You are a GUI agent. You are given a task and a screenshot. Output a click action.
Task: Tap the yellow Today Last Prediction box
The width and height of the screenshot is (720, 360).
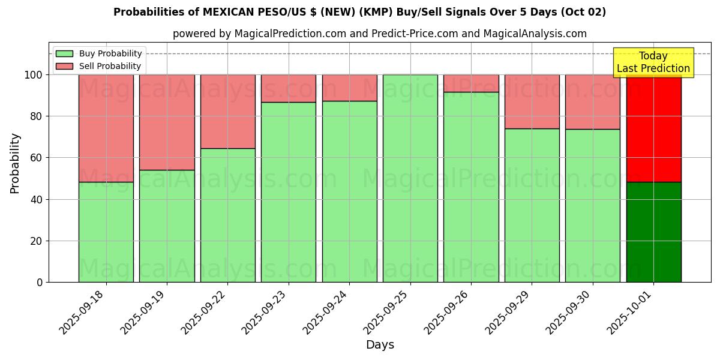pos(653,62)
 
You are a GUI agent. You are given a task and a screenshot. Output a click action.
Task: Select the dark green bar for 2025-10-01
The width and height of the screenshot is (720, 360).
pos(653,232)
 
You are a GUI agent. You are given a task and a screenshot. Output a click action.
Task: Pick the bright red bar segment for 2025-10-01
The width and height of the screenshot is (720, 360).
pos(653,128)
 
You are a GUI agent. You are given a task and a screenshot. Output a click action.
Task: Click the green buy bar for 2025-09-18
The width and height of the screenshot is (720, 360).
pos(106,232)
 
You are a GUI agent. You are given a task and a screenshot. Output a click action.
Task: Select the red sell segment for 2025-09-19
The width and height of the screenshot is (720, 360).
pos(167,122)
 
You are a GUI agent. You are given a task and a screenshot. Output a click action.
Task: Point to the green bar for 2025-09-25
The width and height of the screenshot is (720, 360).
pos(410,178)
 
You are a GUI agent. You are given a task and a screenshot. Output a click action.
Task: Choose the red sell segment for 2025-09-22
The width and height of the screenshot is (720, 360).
pos(228,112)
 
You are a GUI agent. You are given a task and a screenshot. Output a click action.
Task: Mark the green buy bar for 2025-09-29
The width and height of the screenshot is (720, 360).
pos(532,205)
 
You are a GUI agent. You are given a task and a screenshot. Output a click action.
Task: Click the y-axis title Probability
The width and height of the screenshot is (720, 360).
pos(15,163)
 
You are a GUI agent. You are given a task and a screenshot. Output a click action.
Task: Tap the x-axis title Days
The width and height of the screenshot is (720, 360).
pos(380,345)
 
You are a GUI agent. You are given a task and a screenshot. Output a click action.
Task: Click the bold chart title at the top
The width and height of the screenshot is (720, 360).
pos(359,12)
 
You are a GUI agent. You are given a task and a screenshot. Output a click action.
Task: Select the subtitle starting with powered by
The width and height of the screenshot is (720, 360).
pos(379,34)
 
